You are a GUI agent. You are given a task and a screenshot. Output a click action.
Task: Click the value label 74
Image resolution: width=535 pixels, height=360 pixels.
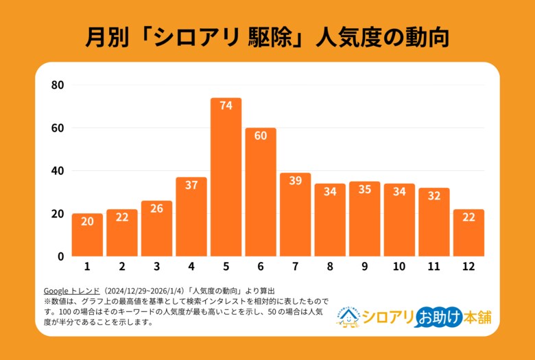tap(226, 106)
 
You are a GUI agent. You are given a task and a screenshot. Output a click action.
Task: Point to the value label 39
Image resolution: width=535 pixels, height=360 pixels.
tap(296, 180)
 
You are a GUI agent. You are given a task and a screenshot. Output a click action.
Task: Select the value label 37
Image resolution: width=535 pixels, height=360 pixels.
tap(191, 184)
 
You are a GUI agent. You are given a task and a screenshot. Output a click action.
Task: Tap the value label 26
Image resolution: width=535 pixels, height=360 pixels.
tap(156, 208)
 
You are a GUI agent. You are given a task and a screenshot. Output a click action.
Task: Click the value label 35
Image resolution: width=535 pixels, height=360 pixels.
tap(365, 189)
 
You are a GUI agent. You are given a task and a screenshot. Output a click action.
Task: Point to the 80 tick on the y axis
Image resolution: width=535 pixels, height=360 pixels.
tap(58, 86)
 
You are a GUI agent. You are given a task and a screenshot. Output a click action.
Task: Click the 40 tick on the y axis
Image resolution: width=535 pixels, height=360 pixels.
tap(58, 171)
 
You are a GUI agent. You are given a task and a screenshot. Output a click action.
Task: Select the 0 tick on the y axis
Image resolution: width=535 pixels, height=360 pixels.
tap(60, 256)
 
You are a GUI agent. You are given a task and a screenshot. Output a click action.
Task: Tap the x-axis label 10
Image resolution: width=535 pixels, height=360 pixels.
tap(399, 267)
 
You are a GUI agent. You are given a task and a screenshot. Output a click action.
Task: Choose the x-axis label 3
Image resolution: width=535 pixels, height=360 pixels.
tap(156, 267)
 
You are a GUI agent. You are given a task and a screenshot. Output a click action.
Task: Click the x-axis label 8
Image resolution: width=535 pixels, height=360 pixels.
tap(330, 267)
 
